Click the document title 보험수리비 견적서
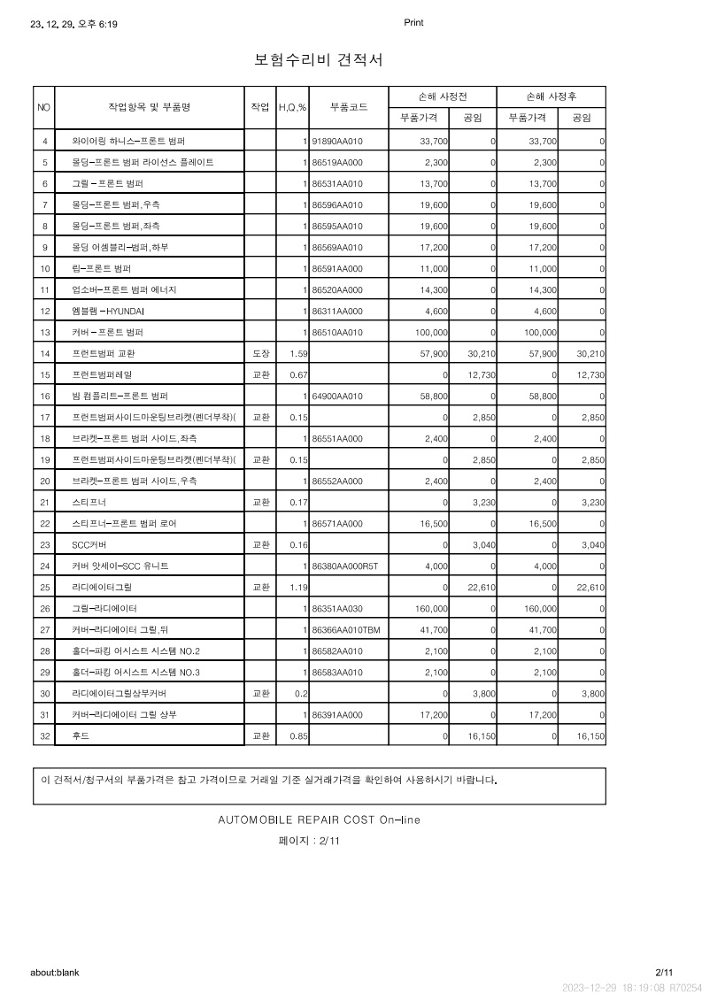[x=318, y=60]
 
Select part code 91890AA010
[x=337, y=142]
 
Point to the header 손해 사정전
[x=443, y=96]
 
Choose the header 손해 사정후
[x=552, y=96]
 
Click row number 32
[x=44, y=736]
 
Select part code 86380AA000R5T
[x=344, y=566]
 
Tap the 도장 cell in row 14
[x=260, y=354]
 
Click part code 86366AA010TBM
[x=345, y=630]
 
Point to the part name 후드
[x=80, y=736]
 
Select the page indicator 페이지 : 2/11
[x=309, y=841]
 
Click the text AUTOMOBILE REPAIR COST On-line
[x=319, y=820]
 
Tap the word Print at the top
[x=413, y=23]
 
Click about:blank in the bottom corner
[x=55, y=972]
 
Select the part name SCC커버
[x=89, y=545]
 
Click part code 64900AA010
[x=337, y=396]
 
